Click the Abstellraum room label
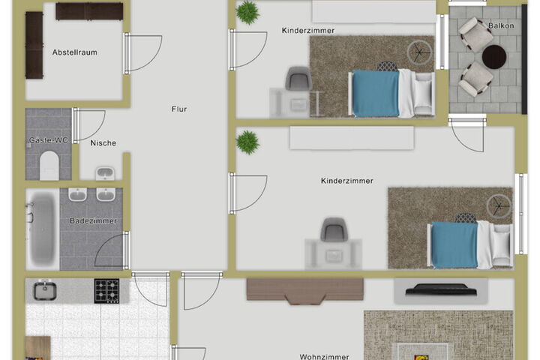[x=75, y=52]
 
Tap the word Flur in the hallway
[x=179, y=109]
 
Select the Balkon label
[x=501, y=25]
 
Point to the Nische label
[x=103, y=143]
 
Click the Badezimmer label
[x=93, y=220]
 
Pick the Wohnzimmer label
[x=325, y=356]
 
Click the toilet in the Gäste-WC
[x=49, y=166]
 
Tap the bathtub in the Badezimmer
[x=42, y=229]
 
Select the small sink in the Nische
[x=105, y=173]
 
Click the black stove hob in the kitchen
[x=106, y=291]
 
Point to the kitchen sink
[x=45, y=290]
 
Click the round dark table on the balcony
[x=493, y=57]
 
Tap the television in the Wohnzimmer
[x=441, y=289]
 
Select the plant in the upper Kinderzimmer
[x=247, y=13]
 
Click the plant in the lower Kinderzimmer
[x=247, y=142]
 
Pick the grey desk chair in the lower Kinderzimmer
[x=333, y=229]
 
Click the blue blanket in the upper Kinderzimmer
[x=376, y=93]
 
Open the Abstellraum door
[x=142, y=53]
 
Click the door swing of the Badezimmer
[x=109, y=250]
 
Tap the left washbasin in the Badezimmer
[x=77, y=195]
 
